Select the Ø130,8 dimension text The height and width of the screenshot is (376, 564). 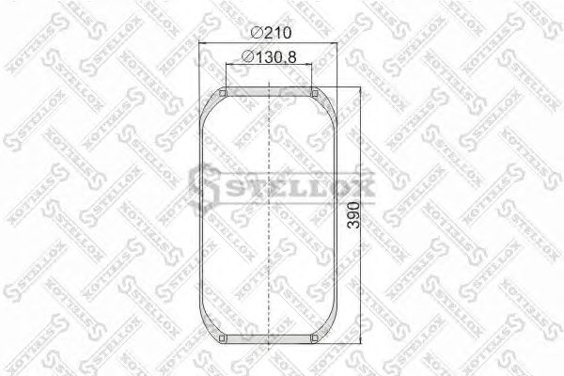click(x=272, y=57)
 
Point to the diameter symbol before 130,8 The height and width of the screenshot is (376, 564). click(x=246, y=57)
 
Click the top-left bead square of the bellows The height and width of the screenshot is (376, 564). click(x=224, y=92)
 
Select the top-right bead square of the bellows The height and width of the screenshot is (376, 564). click(x=315, y=92)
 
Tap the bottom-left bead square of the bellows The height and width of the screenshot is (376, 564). click(x=224, y=338)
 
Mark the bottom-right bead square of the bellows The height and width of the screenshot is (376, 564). click(x=315, y=338)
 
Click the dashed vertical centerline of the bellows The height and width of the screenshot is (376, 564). click(x=270, y=216)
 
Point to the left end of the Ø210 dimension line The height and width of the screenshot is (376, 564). click(x=202, y=45)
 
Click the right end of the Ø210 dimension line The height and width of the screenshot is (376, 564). click(x=337, y=45)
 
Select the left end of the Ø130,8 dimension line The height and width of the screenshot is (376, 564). click(x=227, y=68)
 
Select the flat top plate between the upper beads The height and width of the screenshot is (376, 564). click(x=270, y=91)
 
